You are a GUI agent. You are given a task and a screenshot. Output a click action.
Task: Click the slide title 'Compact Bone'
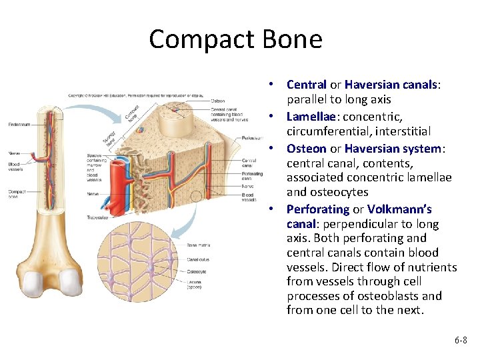[x=235, y=39]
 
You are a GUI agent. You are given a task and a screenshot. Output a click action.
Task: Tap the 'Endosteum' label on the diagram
[x=18, y=124]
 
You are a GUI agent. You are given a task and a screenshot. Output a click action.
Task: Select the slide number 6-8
[x=461, y=340]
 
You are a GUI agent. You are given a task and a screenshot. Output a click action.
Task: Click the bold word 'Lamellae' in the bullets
[x=309, y=117]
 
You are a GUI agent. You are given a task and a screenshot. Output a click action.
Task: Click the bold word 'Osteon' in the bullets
[x=307, y=149]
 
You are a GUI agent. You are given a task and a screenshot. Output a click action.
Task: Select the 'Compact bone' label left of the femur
[x=17, y=195]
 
